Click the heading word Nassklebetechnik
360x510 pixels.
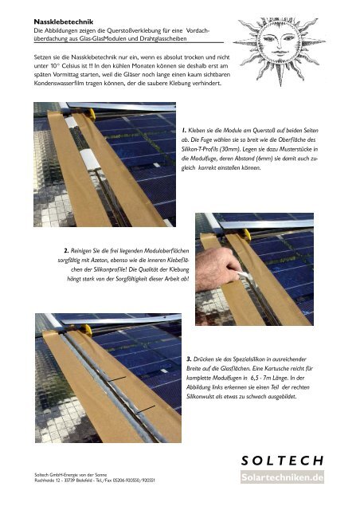[64, 22]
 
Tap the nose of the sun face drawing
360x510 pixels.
[279, 46]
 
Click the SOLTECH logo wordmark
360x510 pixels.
[282, 461]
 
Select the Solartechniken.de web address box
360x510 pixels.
[282, 477]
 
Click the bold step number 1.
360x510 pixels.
[184, 131]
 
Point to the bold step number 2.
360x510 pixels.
[66, 251]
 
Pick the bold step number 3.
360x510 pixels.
[189, 359]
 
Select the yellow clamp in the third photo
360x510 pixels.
[87, 330]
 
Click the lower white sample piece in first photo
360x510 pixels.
[90, 160]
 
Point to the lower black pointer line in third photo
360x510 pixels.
[145, 409]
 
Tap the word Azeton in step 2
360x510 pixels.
[100, 261]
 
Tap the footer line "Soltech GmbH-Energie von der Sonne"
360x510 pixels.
[71, 475]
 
